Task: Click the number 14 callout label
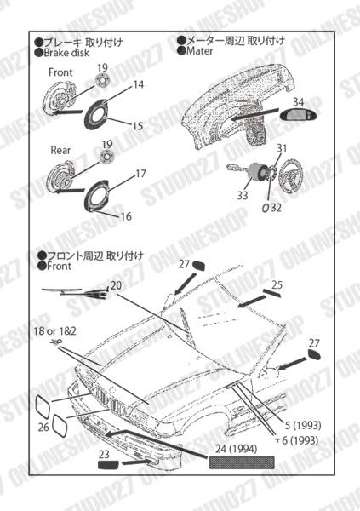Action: [x=139, y=85]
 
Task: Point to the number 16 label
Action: [x=125, y=216]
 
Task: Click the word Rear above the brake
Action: [x=60, y=150]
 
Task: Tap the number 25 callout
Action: [x=277, y=284]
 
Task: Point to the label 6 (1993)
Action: [x=301, y=441]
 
